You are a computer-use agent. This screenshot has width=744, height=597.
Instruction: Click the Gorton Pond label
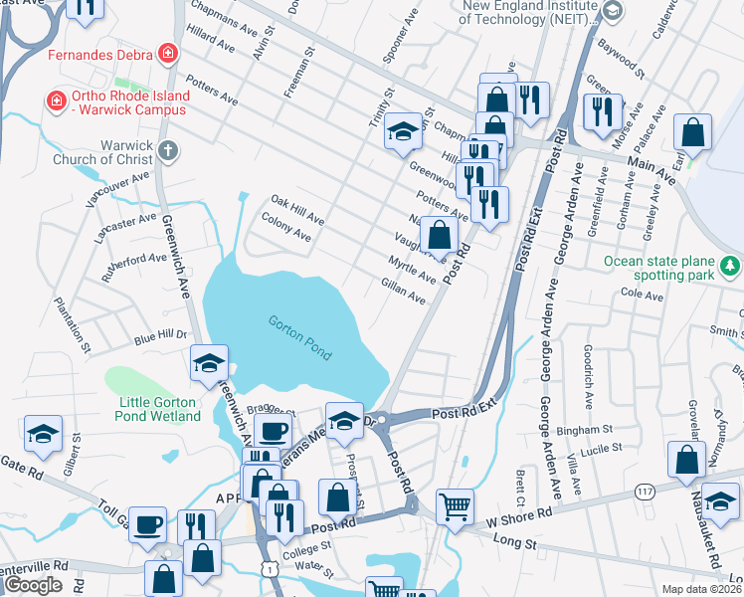click(299, 338)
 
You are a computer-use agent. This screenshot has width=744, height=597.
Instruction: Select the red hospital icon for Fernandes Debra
click(169, 53)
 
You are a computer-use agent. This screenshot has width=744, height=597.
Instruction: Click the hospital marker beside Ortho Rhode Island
click(57, 99)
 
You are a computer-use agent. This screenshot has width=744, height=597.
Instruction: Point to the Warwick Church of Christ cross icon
click(168, 151)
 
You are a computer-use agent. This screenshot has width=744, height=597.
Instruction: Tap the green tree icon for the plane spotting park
click(731, 265)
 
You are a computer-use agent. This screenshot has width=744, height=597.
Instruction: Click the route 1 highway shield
click(268, 565)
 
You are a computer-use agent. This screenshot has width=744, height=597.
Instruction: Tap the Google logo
click(33, 585)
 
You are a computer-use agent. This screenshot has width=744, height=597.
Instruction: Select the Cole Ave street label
click(642, 295)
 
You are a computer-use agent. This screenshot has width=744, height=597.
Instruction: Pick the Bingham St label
click(586, 430)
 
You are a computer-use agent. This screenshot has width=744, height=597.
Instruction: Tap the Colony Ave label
click(286, 231)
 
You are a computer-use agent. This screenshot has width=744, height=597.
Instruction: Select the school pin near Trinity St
click(401, 131)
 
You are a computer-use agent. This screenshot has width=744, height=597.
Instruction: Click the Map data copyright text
click(701, 589)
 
